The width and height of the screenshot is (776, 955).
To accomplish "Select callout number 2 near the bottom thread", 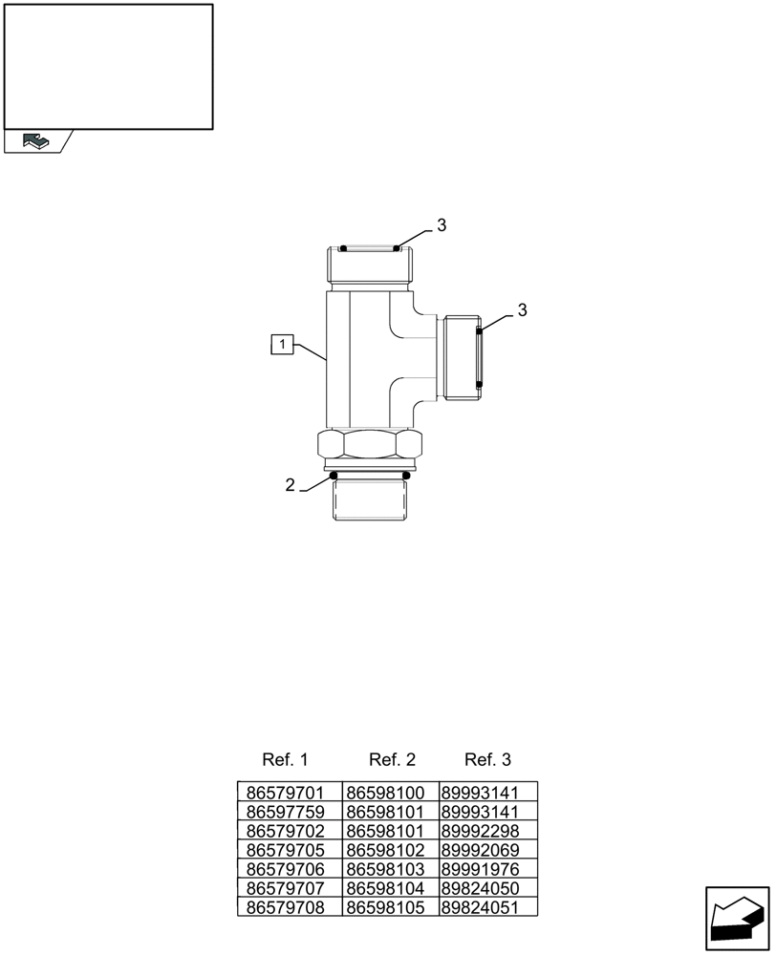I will coord(291,485).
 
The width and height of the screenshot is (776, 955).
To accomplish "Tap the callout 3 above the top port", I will coord(442,225).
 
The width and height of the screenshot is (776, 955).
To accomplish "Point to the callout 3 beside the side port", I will coord(522,310).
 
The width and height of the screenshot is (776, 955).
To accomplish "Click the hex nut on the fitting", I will coord(368,445).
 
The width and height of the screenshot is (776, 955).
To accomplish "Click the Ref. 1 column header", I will coord(285,760).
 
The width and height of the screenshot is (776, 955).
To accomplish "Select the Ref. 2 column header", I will coord(392,760).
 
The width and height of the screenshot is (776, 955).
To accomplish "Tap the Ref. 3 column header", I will coord(487,760).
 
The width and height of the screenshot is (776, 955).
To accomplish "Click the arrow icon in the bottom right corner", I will coord(738,919).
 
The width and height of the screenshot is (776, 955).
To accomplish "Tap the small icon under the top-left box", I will coord(34,141).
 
